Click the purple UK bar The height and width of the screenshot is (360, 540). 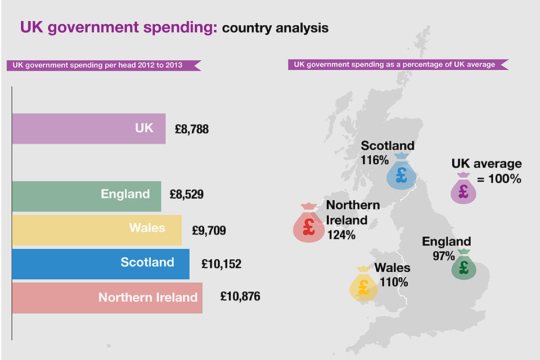point(88,129)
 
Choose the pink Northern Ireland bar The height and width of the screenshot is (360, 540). point(107,298)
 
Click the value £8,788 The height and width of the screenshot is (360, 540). point(191,129)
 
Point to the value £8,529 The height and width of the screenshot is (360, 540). point(186,195)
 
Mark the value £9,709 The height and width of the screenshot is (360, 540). point(209,230)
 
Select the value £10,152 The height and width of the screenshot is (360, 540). point(221,264)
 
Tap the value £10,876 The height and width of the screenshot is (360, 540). point(240,296)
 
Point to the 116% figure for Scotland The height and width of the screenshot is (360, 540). point(374,160)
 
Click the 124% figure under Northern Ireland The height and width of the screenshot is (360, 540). point(341,235)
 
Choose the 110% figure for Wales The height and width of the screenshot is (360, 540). point(394,282)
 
